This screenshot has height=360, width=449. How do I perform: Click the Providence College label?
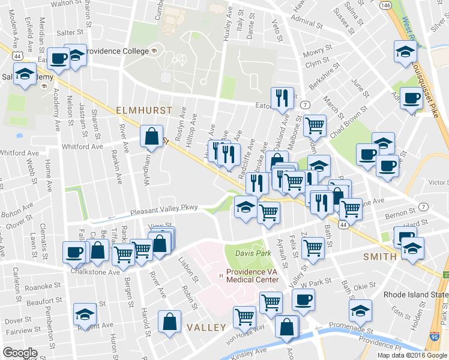116,51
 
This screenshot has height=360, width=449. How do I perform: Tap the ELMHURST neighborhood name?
143,111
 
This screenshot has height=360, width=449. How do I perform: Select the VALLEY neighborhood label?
206,328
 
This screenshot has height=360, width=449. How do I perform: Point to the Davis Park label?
249,253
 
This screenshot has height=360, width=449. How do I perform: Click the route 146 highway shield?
386,5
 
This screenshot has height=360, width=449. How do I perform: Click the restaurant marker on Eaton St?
282,97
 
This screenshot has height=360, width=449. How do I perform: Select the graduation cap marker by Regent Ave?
85,314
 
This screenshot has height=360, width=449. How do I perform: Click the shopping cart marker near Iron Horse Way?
244,316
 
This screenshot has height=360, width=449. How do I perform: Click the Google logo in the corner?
19,353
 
